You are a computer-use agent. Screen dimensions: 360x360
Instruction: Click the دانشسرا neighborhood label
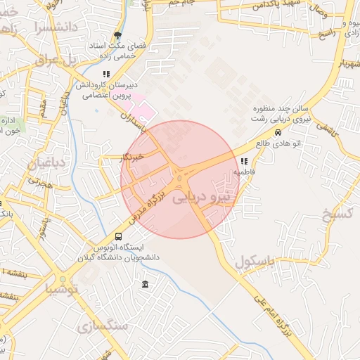tap(53, 28)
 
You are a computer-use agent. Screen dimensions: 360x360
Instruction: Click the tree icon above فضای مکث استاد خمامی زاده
tap(117, 35)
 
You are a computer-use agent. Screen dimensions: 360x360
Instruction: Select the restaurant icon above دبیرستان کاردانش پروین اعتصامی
tap(106, 73)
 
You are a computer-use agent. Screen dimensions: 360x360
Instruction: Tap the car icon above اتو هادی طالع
tap(278, 133)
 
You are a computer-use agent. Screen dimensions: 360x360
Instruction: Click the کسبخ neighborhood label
tap(336, 214)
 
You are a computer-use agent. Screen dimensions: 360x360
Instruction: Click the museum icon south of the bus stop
tap(145, 284)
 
